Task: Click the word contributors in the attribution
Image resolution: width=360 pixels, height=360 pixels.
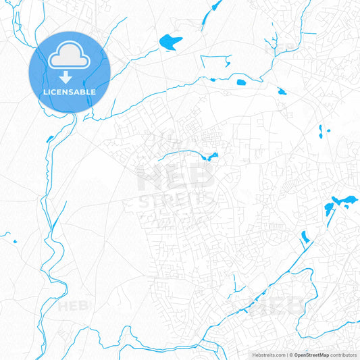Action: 343,355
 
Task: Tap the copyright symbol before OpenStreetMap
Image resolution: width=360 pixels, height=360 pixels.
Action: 290,355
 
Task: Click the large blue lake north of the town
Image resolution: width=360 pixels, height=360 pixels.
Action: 170,43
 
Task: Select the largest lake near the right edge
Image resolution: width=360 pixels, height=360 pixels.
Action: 342,201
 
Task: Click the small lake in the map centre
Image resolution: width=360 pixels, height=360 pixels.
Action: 211,158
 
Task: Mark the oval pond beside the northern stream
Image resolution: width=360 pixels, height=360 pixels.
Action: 241,82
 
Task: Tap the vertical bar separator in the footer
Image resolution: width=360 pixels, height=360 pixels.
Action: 286,355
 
